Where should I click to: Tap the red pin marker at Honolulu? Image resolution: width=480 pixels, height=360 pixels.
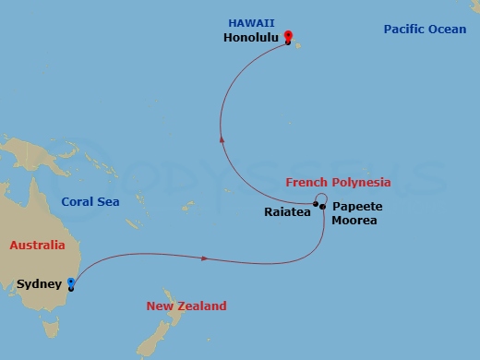pos(288,37)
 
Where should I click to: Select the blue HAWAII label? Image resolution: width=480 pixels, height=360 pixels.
pos(247,24)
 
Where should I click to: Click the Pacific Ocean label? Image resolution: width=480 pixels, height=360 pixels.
pos(424,30)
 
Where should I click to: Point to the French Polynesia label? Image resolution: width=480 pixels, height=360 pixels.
pos(338,183)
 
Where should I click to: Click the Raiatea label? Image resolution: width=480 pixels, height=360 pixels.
pos(286,211)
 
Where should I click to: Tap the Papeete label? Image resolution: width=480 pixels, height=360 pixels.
pos(356,206)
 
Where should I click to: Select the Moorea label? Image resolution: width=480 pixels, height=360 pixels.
pos(354,220)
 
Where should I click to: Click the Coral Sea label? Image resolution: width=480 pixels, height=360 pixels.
pos(90,201)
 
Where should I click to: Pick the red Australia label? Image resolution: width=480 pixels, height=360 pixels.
pos(37,246)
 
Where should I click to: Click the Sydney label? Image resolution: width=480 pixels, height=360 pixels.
pos(38,284)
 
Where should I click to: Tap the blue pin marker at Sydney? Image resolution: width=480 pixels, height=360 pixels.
pos(70,286)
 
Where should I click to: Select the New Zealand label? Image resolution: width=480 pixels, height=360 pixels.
pos(186,306)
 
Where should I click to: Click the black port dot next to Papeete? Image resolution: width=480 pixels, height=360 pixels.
pos(322,207)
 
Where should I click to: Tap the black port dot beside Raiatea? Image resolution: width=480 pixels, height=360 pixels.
pos(315,204)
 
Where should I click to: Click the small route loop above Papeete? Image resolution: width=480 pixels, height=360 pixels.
pos(320,198)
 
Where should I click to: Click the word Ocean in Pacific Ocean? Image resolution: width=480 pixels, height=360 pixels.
pos(448,30)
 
